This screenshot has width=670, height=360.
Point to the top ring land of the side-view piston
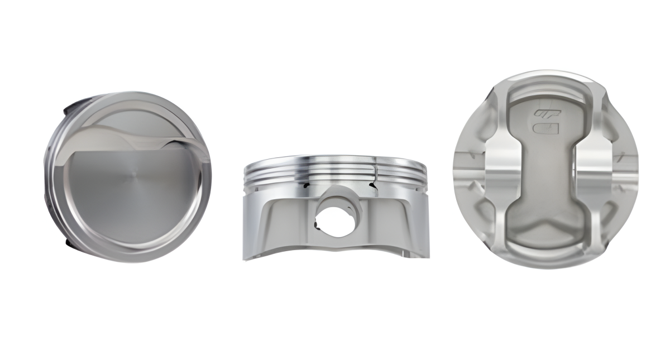(335, 161)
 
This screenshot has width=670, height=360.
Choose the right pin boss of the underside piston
(597, 167)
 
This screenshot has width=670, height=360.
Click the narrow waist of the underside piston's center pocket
(544, 167)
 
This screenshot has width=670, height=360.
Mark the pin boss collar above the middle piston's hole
(335, 193)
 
